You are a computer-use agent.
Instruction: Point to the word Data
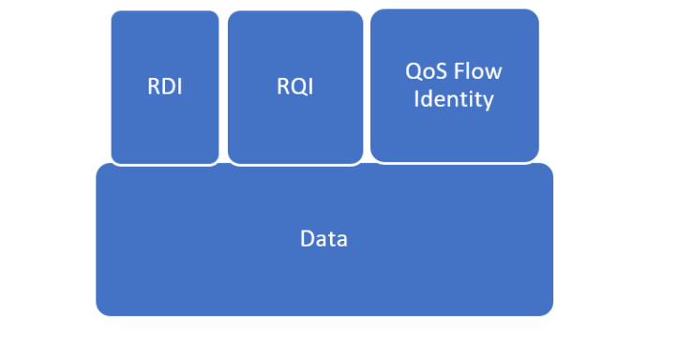click(x=324, y=239)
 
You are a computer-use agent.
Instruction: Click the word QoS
click(x=425, y=72)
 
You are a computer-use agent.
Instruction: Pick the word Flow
click(x=478, y=72)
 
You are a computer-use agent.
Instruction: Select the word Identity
click(x=454, y=98)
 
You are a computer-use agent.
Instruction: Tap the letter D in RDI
click(x=167, y=87)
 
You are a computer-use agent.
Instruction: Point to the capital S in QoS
click(x=439, y=72)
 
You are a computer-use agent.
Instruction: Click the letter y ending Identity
click(x=489, y=101)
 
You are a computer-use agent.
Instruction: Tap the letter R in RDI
click(x=154, y=87)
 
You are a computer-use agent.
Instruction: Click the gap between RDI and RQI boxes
click(x=224, y=87)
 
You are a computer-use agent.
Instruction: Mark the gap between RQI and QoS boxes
click(x=367, y=87)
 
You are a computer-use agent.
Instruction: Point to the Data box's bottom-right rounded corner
click(x=548, y=309)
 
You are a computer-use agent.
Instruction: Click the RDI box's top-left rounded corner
click(x=115, y=15)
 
